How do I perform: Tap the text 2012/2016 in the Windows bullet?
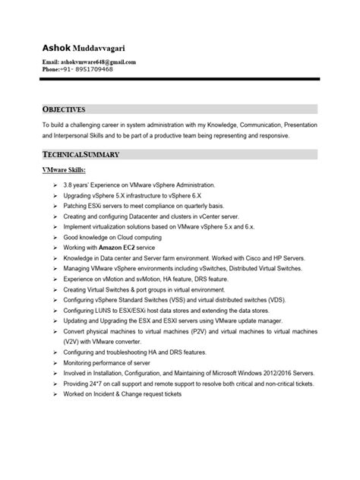click(283, 374)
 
